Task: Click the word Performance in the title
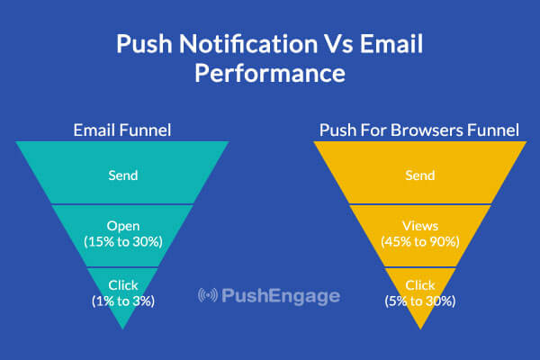coord(270,73)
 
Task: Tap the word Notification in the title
coord(248,44)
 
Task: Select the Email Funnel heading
coord(122,130)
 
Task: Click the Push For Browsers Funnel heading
coord(419,130)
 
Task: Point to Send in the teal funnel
coord(123,175)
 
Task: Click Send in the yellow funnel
coord(419,175)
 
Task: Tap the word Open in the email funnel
coord(123,226)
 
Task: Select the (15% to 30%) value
coord(123,242)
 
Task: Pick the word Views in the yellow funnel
coord(420,226)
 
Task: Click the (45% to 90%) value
coord(420,242)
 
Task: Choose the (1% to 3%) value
coord(123,301)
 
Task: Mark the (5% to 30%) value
coord(420,301)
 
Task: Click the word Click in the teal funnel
coord(123,285)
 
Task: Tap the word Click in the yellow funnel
coord(420,285)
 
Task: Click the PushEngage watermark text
coord(281,296)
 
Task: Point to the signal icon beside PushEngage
coord(208,295)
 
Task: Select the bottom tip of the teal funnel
coord(123,329)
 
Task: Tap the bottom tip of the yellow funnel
coord(420,329)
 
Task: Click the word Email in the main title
coord(391,44)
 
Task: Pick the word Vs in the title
coord(338,44)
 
